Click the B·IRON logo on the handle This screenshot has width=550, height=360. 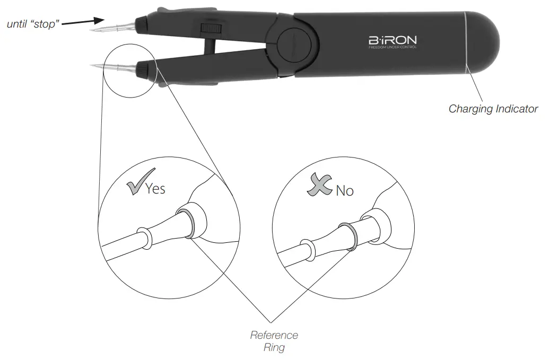point(392,40)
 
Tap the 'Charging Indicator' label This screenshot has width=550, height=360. point(493,109)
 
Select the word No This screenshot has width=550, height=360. point(344,190)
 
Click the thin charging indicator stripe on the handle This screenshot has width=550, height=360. point(466,42)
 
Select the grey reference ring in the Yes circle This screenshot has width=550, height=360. point(186,223)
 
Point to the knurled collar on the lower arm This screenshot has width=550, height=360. point(143,68)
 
